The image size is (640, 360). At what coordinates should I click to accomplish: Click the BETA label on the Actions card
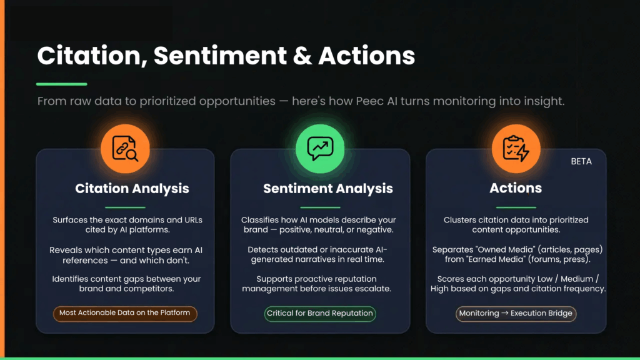click(581, 161)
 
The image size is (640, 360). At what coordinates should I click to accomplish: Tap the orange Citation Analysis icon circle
click(125, 149)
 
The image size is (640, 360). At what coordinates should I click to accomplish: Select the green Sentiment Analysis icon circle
click(320, 149)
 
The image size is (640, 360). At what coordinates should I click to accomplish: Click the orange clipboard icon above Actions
click(516, 149)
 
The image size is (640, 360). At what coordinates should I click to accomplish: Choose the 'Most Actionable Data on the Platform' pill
click(125, 313)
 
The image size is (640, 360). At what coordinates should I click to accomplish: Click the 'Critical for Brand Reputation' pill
click(320, 314)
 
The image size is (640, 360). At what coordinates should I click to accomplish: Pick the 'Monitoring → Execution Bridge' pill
click(516, 314)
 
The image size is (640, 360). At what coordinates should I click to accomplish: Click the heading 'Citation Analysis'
click(132, 189)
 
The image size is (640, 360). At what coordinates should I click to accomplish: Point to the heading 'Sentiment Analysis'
click(327, 189)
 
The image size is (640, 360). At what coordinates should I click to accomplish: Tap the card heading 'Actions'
click(516, 187)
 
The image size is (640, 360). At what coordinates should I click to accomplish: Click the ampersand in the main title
click(302, 56)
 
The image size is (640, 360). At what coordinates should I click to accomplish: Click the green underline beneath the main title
click(62, 84)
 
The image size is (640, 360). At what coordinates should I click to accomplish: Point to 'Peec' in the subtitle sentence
click(369, 101)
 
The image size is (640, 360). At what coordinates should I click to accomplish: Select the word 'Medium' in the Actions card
click(577, 279)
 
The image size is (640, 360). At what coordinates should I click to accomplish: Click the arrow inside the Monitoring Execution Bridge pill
click(505, 313)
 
